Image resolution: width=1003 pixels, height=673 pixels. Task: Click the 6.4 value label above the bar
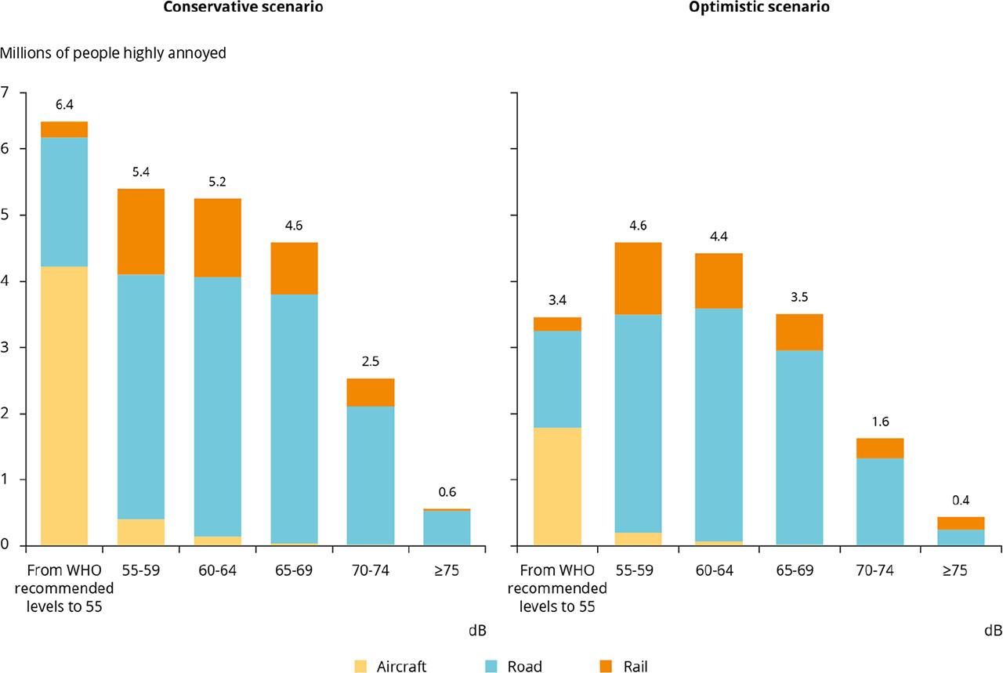point(64,104)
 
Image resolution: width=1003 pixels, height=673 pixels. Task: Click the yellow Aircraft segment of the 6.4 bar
point(64,406)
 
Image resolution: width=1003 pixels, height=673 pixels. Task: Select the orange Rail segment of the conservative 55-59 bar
point(141,231)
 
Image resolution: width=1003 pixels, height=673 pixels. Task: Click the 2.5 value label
point(371,361)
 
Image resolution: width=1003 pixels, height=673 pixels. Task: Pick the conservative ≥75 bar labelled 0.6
point(447,526)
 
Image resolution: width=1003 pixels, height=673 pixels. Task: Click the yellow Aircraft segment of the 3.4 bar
point(557,486)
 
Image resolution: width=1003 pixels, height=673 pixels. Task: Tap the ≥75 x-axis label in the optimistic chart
point(955,571)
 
